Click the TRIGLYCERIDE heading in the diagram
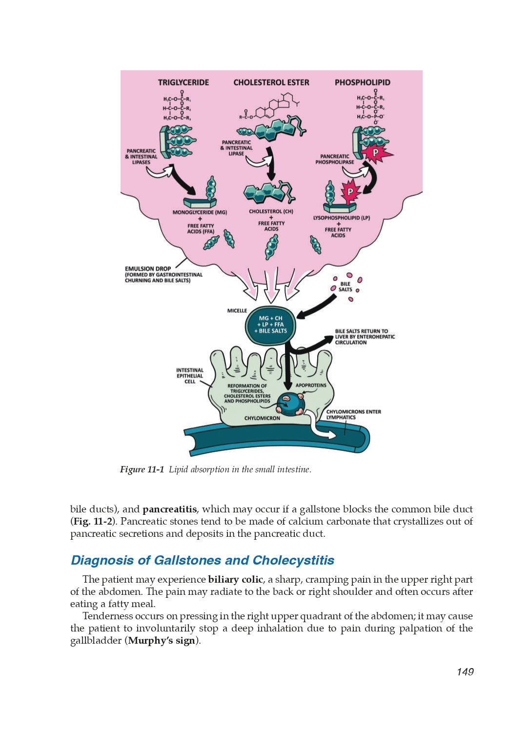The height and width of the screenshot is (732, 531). (x=183, y=82)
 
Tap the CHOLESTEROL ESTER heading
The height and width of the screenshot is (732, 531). (x=271, y=82)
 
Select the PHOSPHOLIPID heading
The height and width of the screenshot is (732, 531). (x=362, y=82)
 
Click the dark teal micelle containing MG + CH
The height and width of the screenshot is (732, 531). (x=270, y=325)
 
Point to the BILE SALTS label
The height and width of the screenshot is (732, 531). (x=345, y=286)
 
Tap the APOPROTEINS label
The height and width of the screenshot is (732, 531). (x=311, y=386)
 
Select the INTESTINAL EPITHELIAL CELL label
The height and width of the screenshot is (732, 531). (x=190, y=376)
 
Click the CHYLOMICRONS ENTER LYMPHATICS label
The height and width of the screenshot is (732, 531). (x=353, y=414)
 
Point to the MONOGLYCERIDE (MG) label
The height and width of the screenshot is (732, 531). (x=200, y=212)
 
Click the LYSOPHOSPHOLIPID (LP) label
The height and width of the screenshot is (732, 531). (x=341, y=218)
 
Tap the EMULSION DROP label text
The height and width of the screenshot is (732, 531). (x=148, y=268)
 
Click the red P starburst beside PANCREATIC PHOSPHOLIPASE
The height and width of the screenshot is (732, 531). (x=376, y=153)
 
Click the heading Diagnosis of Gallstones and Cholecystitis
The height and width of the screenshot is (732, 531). (x=203, y=560)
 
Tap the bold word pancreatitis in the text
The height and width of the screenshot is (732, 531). (x=169, y=509)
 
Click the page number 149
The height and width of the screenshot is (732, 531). (x=465, y=672)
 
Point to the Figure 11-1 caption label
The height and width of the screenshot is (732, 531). (x=142, y=469)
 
